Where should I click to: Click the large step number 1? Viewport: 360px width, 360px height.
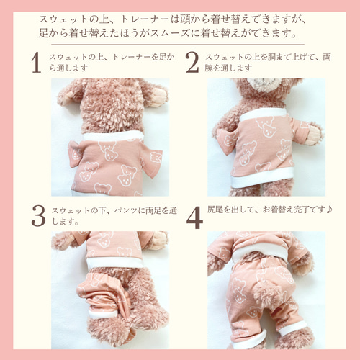point(37,63)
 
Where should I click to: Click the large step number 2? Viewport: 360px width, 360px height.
point(192,63)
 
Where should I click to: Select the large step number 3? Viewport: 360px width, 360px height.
point(38,216)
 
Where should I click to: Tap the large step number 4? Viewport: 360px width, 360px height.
point(194,217)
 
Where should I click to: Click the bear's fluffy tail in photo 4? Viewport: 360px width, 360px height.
point(269,293)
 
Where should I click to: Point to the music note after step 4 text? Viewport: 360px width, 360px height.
point(329,210)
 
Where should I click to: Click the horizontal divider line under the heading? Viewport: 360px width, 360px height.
point(178,45)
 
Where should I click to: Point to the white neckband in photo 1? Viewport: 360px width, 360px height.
point(113,136)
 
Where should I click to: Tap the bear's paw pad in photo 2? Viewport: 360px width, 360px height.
point(314,135)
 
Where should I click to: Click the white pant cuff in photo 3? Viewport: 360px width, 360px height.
point(102,313)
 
